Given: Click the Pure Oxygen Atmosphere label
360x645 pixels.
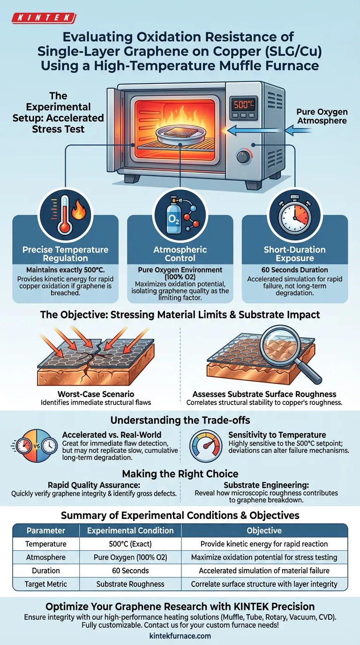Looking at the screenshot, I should click(x=322, y=117).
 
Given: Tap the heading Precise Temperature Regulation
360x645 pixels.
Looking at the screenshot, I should click(x=65, y=254).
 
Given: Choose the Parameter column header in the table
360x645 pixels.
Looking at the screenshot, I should click(x=45, y=531).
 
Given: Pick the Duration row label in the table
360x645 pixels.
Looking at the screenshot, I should click(x=45, y=570).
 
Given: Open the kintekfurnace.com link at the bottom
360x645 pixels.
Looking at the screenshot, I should click(x=180, y=636).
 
